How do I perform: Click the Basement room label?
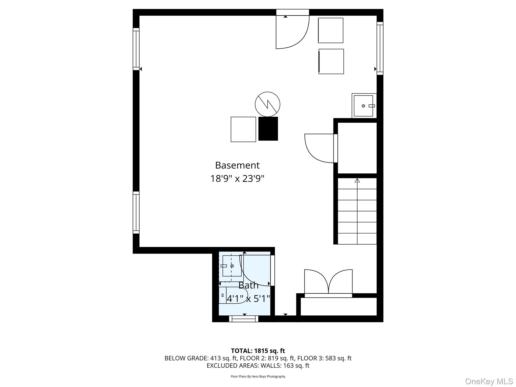237,165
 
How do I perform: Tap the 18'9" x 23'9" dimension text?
237,179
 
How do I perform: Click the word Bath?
248,285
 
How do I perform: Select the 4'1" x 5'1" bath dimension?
248,299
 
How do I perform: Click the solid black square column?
268,128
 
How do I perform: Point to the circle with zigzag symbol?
267,104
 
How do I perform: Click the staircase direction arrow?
357,180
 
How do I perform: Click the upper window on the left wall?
136,49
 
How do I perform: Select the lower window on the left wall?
136,212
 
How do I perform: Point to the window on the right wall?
380,48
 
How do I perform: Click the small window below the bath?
244,319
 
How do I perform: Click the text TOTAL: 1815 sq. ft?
258,351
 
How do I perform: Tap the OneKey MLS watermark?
489,381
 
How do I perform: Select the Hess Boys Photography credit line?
258,376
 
